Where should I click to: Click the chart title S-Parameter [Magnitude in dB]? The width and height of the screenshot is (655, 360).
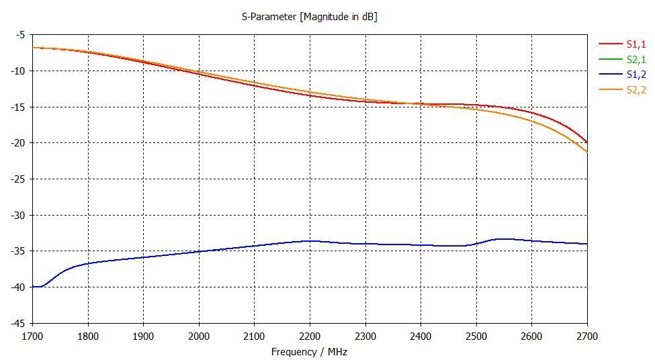tap(309, 17)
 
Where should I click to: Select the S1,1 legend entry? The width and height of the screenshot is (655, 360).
tap(636, 44)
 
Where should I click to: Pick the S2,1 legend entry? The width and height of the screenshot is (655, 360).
tap(636, 60)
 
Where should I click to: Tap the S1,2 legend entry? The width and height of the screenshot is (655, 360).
tap(636, 75)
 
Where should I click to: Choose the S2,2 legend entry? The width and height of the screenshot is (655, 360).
tap(636, 90)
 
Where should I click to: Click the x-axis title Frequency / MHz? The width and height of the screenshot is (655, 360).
tap(309, 352)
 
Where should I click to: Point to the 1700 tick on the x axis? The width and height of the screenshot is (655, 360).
tap(32, 335)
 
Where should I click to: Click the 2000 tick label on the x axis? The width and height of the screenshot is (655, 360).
tap(199, 335)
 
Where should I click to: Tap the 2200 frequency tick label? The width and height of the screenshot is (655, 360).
tap(310, 335)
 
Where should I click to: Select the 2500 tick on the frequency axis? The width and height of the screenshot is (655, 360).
tap(476, 335)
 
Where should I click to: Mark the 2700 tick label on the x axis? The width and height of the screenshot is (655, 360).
tap(587, 335)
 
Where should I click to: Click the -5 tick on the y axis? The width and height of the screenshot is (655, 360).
tap(20, 35)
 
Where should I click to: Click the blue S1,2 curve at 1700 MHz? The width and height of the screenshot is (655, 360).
tap(34, 287)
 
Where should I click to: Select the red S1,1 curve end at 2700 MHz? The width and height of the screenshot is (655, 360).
tap(586, 142)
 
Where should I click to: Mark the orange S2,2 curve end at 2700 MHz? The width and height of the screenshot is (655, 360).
tap(586, 151)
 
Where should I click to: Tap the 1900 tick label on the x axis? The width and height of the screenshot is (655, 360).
tap(143, 335)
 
